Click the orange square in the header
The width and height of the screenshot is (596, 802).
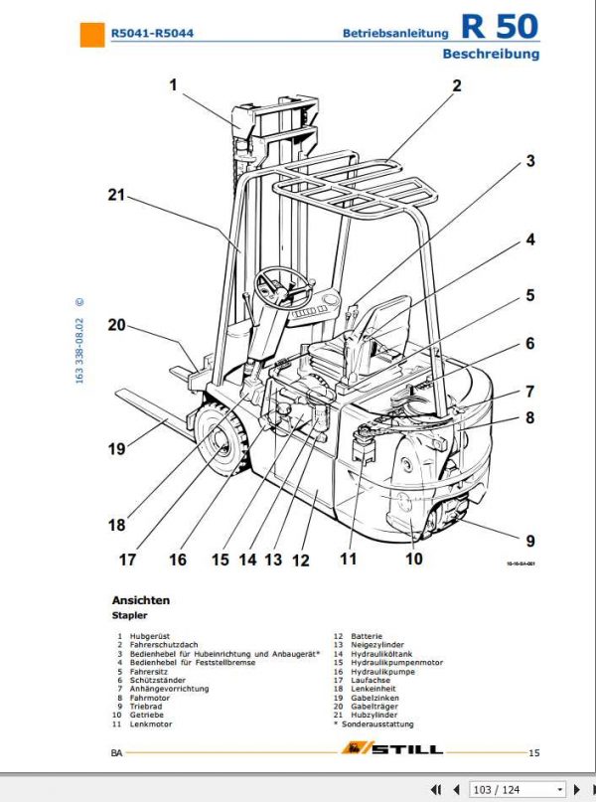pyautogui.click(x=92, y=34)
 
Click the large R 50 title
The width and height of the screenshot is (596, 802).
pyautogui.click(x=500, y=27)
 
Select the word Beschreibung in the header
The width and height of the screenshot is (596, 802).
pyautogui.click(x=491, y=54)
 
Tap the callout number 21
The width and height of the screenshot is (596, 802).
pyautogui.click(x=118, y=196)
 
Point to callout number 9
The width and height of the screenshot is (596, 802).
pyautogui.click(x=530, y=542)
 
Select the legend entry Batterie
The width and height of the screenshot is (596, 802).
pyautogui.click(x=369, y=635)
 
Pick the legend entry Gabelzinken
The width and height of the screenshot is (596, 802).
pyautogui.click(x=376, y=697)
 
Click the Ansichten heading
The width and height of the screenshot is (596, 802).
pyautogui.click(x=140, y=600)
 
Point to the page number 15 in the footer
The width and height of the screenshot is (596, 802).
pyautogui.click(x=533, y=753)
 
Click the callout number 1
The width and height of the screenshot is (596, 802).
pyautogui.click(x=173, y=85)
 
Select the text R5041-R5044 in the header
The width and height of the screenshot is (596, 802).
pyautogui.click(x=152, y=34)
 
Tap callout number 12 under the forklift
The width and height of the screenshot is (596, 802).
pyautogui.click(x=301, y=561)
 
